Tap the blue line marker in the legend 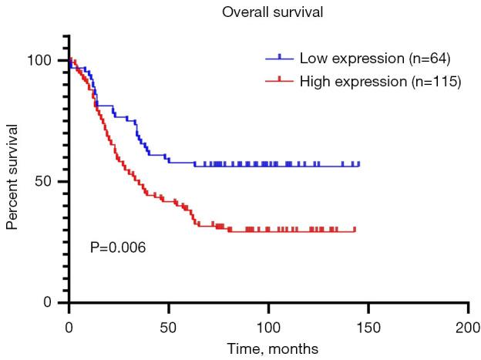(280, 59)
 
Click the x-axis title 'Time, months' (267, 348)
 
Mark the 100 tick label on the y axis (46, 61)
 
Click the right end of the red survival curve (355, 230)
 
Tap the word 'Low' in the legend (312, 59)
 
